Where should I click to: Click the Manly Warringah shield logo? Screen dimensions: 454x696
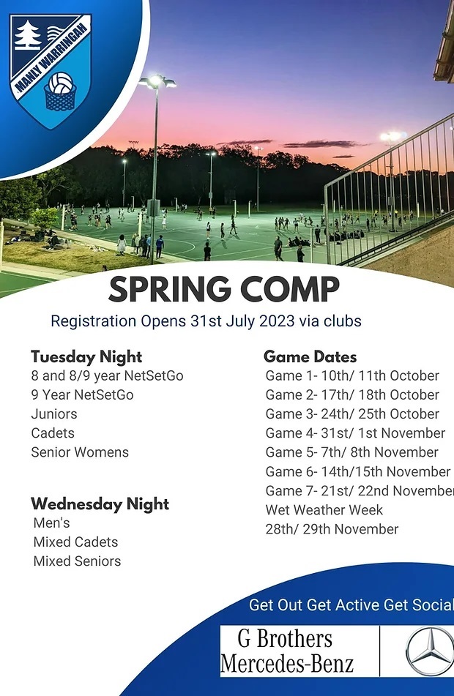[51, 71]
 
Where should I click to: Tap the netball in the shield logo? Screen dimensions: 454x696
[61, 83]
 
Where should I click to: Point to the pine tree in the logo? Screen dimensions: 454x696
[28, 35]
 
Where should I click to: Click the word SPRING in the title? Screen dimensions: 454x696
[169, 289]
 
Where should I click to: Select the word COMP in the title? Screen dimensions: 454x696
[290, 289]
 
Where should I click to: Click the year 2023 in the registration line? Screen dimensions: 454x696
[277, 321]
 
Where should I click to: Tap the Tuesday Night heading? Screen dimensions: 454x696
[86, 357]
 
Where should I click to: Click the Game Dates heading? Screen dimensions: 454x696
[310, 357]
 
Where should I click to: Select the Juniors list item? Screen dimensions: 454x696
[54, 414]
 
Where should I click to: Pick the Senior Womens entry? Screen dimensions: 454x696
[80, 452]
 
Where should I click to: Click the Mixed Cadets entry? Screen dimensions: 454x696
[76, 542]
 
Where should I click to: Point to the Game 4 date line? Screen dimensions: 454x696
[355, 433]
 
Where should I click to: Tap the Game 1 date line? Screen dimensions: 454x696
[352, 376]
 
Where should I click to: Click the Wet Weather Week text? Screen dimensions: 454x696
[324, 510]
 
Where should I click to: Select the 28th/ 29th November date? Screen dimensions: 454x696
[332, 529]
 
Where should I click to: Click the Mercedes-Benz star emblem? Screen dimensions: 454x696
[429, 651]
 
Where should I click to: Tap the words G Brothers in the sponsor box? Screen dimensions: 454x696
[285, 639]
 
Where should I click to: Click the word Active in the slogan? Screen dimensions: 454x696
[343, 605]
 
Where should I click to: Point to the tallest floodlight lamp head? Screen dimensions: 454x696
[157, 81]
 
